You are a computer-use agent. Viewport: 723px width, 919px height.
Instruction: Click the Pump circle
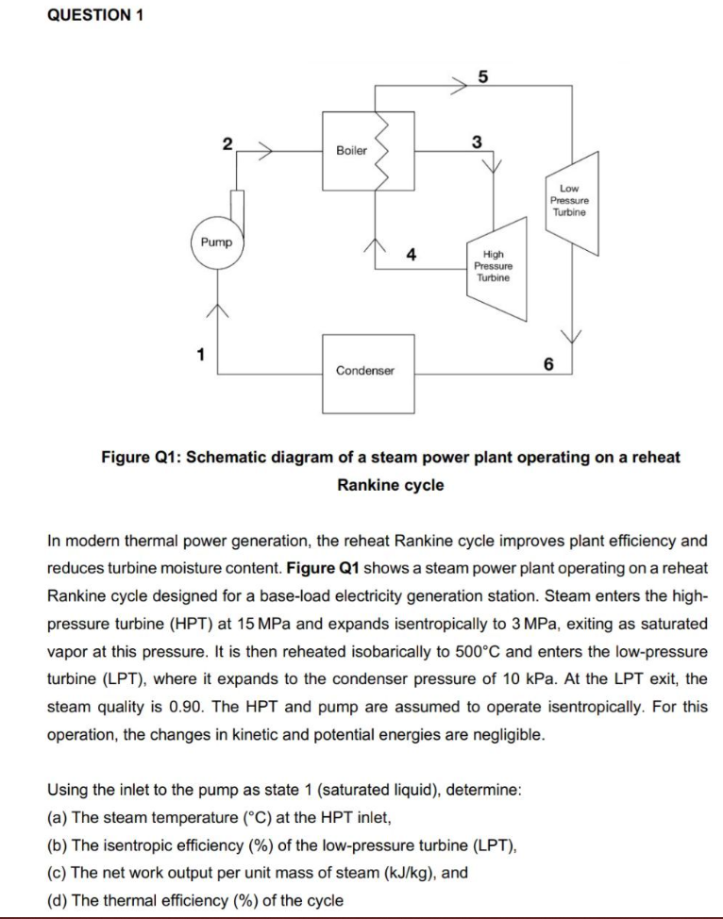click(x=216, y=243)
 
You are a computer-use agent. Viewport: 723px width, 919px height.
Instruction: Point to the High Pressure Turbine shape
click(x=494, y=266)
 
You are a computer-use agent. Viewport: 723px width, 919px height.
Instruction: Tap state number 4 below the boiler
click(x=412, y=254)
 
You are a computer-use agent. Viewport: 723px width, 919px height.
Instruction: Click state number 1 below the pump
click(x=199, y=355)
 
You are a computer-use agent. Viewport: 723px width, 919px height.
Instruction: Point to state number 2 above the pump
click(x=227, y=143)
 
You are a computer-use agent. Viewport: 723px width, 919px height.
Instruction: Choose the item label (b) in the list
click(x=58, y=846)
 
